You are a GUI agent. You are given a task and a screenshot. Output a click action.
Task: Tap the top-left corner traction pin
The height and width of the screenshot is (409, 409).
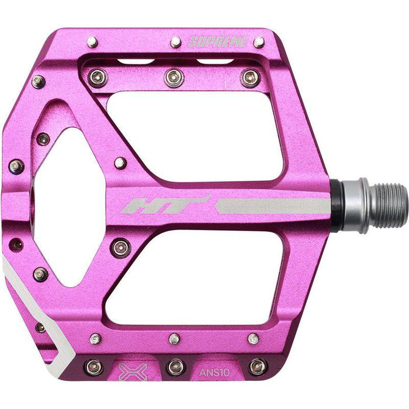coord(92,41)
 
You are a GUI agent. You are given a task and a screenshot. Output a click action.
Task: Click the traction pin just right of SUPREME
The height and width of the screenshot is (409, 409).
coord(258,42)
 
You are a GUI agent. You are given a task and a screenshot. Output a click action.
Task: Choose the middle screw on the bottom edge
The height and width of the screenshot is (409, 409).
coord(174,367)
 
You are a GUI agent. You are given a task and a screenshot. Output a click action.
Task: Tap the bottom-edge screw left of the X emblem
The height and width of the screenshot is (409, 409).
coord(93,367)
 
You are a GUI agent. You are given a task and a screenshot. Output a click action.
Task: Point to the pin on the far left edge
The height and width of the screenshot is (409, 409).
coord(16,166)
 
